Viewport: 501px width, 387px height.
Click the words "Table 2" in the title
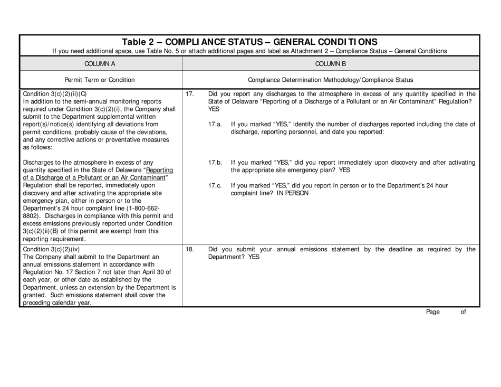point(139,41)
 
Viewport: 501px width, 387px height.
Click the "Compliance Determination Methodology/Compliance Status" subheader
point(331,79)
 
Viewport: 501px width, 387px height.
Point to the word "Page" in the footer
point(433,312)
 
